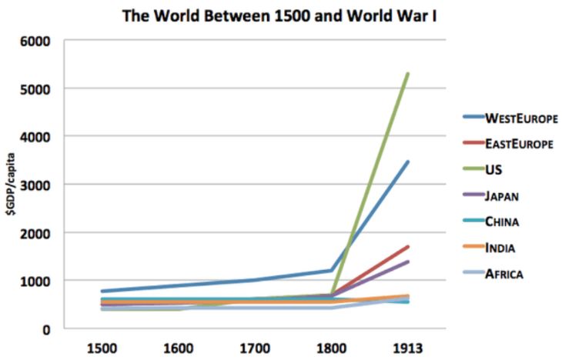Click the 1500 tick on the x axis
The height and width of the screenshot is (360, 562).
click(102, 347)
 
